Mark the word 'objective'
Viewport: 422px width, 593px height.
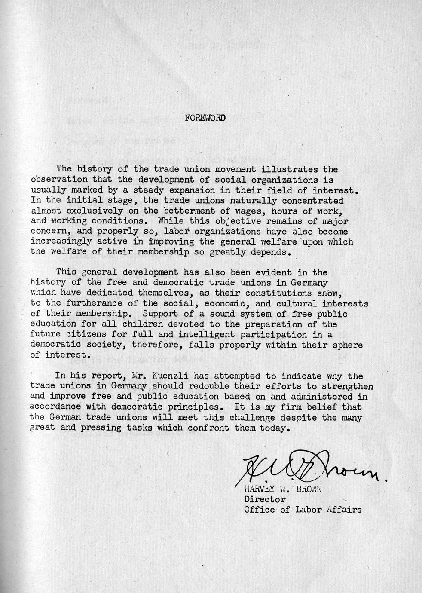[x=226, y=221]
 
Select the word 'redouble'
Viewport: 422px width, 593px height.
[x=190, y=386]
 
